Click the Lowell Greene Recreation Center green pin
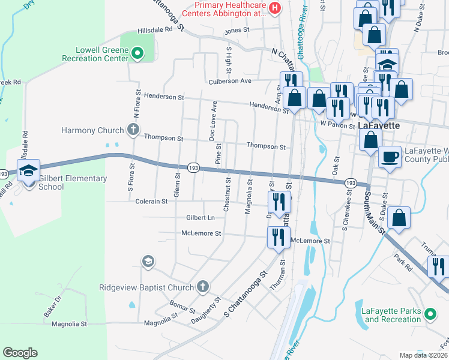137,54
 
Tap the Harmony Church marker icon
133,130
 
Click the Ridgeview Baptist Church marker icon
203,287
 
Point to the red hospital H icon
275,8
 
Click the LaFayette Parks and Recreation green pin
430,314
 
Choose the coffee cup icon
390,158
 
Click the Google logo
20,353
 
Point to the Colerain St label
151,202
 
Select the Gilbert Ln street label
200,217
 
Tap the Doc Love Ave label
212,121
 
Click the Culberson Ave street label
229,81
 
